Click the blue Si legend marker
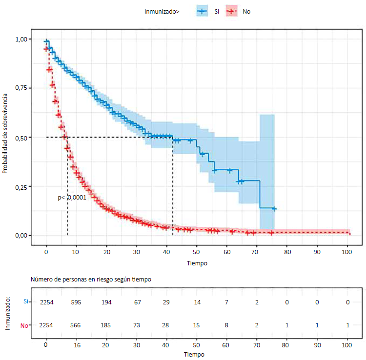[202, 10]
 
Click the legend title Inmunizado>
[162, 11]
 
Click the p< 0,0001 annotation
[72, 198]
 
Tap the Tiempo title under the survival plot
[197, 263]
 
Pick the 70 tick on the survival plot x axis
[257, 252]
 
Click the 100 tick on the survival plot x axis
[347, 252]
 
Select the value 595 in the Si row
[77, 302]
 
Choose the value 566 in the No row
[77, 325]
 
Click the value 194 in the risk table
[106, 302]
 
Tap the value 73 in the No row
[137, 325]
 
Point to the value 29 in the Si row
[167, 302]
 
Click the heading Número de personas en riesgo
[91, 280]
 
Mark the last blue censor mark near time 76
[274, 209]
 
